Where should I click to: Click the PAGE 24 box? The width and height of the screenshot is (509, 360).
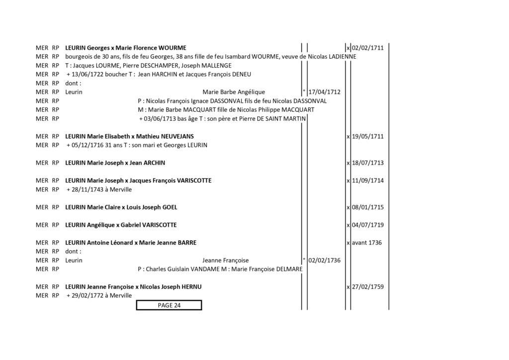(169, 305)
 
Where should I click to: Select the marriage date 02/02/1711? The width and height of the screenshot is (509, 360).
(368, 48)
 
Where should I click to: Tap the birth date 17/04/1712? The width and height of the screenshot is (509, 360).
(324, 92)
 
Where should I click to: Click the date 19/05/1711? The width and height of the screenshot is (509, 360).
(368, 136)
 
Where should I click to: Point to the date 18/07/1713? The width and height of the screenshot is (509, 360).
(368, 163)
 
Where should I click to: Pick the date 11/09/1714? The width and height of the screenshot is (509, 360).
(368, 180)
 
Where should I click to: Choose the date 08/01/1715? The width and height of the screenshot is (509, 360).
(368, 207)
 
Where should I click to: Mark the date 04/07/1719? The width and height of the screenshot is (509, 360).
(368, 225)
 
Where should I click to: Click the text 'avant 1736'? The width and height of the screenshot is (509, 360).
(367, 243)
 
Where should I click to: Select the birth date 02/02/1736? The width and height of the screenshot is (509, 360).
(324, 261)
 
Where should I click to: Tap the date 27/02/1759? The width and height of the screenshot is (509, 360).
(368, 287)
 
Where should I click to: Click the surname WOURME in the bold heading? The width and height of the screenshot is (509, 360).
(172, 48)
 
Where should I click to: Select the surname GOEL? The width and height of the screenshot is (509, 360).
(170, 207)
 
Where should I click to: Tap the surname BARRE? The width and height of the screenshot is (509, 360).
(187, 243)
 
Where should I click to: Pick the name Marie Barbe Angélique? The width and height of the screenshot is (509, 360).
(234, 92)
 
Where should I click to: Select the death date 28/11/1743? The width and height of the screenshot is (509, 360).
(86, 189)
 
